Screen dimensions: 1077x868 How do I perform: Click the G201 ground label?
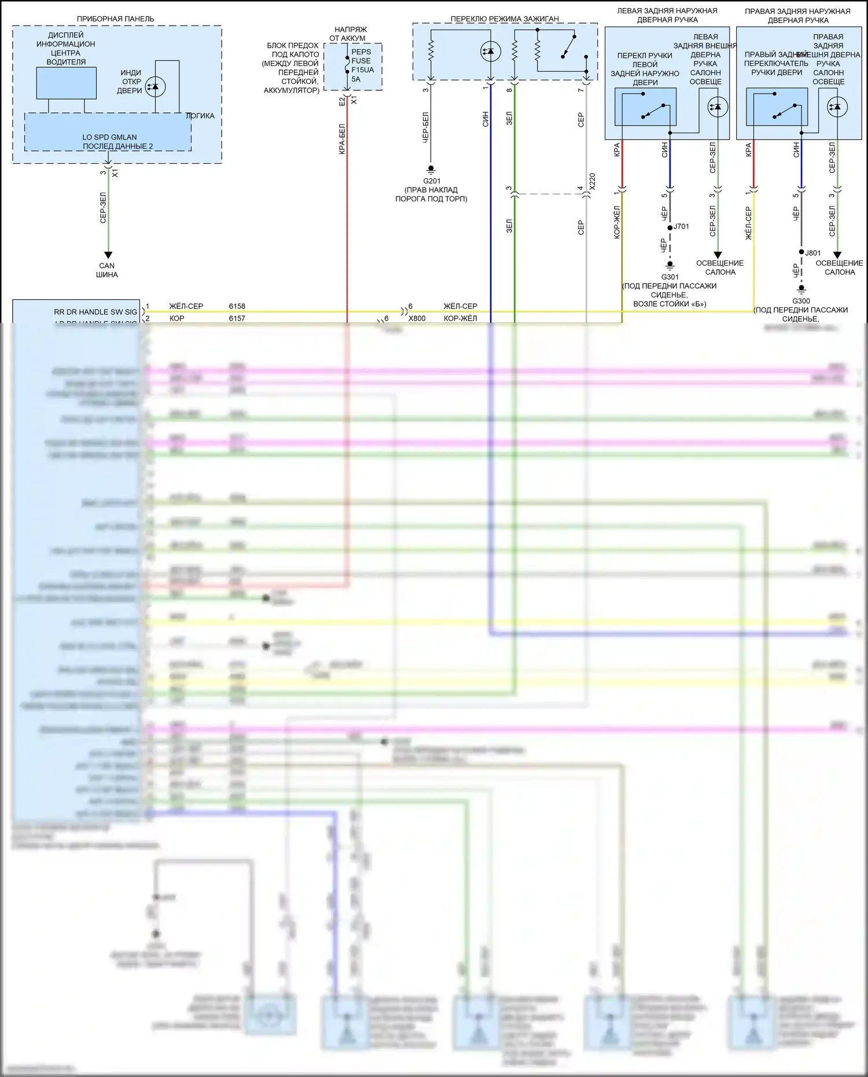432,181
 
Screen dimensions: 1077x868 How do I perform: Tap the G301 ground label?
670,277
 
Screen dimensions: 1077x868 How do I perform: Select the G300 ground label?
801,301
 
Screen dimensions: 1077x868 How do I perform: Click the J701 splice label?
682,226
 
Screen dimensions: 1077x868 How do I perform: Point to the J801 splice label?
813,253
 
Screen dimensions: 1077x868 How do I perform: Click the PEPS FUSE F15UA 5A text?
362,65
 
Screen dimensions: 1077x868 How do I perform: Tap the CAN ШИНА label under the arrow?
107,270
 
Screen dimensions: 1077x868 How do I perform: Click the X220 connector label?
591,182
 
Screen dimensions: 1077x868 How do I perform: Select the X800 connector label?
417,318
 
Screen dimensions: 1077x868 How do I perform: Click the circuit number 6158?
237,306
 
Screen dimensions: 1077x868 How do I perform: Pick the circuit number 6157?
237,318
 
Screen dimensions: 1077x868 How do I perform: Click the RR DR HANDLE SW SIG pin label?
95,312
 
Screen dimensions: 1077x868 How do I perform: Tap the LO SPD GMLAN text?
109,137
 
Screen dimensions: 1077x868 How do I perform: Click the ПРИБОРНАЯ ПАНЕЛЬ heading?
116,19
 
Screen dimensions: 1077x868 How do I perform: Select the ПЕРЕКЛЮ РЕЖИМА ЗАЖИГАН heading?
505,19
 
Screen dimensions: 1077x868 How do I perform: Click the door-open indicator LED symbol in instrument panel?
155,87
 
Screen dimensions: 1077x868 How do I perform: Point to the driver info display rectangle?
66,83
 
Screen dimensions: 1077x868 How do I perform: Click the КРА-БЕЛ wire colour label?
342,139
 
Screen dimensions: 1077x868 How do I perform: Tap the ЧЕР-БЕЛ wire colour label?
425,127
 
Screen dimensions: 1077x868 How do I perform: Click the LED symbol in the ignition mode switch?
490,52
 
